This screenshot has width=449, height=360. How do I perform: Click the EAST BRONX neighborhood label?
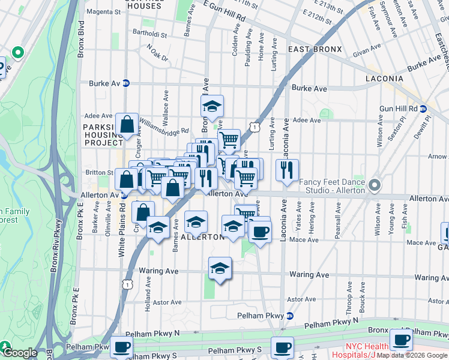point(315,49)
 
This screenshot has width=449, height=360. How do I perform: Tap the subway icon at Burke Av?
point(126,83)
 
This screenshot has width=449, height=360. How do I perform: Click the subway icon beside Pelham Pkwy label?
point(290,316)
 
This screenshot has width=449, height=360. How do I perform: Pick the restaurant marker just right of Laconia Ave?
point(288,170)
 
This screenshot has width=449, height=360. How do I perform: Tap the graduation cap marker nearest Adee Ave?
point(212,106)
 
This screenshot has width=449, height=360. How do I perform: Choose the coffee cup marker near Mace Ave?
point(259,231)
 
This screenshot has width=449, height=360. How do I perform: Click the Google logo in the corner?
point(19,353)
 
